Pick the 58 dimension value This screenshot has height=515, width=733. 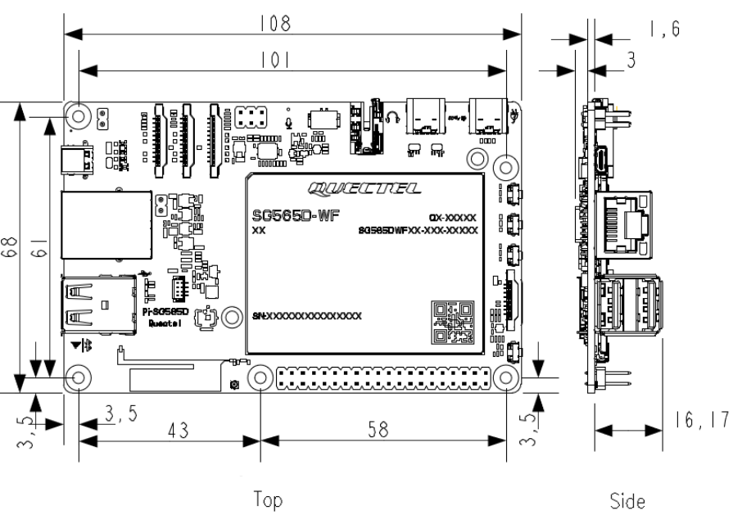point(379,429)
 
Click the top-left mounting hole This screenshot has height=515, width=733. point(79,116)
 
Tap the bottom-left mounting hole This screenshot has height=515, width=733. point(79,377)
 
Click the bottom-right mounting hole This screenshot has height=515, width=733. point(507,377)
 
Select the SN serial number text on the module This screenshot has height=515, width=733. point(307,315)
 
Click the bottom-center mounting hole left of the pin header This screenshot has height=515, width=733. point(259,377)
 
